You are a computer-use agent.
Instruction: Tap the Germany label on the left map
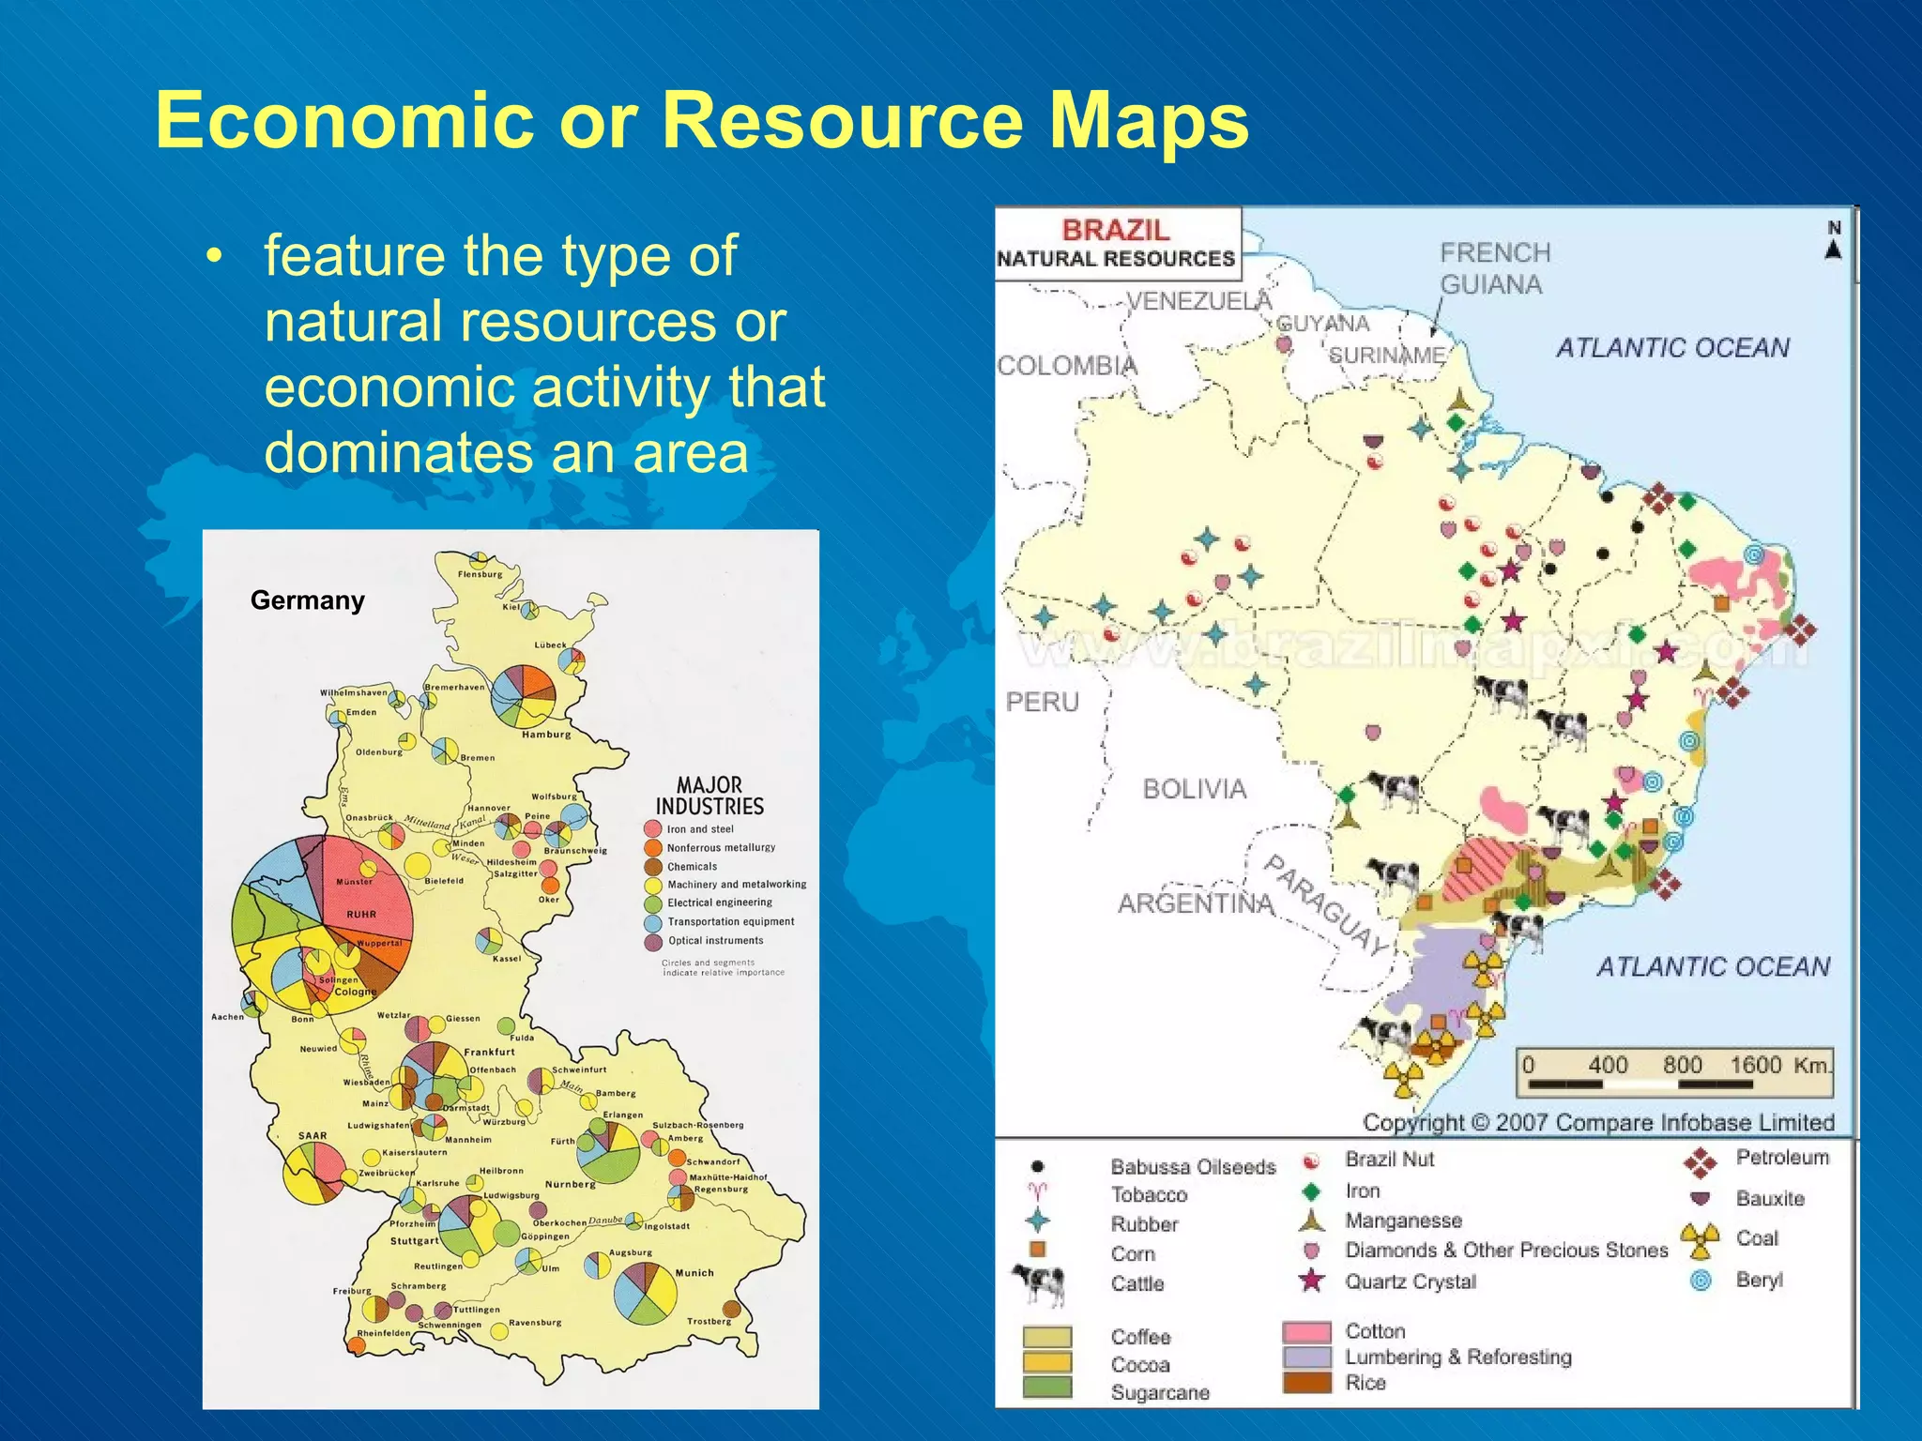[307, 600]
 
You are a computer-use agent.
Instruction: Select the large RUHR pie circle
[324, 923]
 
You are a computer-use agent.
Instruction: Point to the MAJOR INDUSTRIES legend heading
[709, 796]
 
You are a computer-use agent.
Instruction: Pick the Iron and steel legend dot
[653, 829]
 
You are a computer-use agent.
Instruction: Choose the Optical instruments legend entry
[715, 941]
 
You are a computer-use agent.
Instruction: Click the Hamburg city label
[546, 735]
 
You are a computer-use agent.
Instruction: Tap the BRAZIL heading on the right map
[1116, 231]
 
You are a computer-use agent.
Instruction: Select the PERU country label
[1042, 702]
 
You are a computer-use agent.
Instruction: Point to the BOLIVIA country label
[1194, 789]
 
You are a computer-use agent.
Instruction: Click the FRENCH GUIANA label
[1494, 268]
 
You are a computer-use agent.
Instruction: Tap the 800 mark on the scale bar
[1682, 1065]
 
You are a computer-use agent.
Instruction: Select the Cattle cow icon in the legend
[1038, 1282]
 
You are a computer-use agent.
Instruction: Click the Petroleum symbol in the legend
[1700, 1161]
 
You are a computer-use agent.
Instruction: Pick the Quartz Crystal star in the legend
[1312, 1281]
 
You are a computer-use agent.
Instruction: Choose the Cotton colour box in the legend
[1306, 1331]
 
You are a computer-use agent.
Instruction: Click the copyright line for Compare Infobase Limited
[1598, 1122]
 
